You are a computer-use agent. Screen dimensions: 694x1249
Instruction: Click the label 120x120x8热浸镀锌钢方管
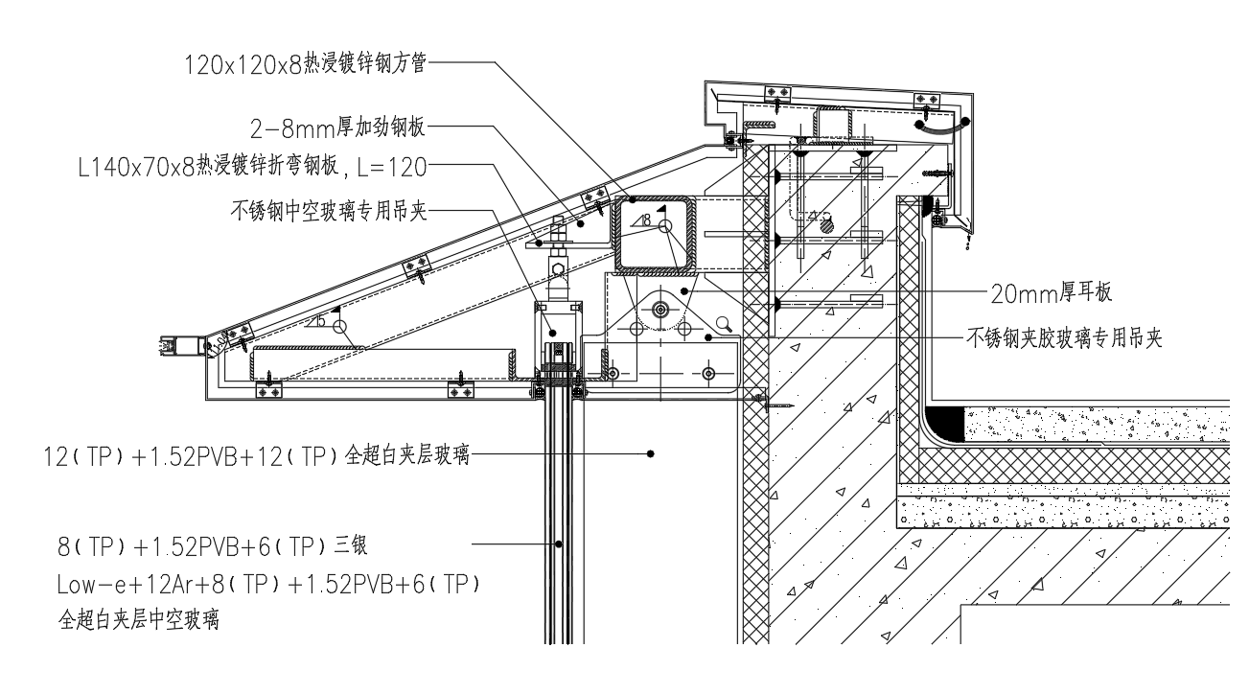click(305, 64)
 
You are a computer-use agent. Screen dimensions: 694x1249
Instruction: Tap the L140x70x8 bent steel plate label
click(253, 167)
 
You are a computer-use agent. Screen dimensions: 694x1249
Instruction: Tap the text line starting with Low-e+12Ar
click(268, 584)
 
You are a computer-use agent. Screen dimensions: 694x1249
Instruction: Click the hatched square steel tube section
click(655, 233)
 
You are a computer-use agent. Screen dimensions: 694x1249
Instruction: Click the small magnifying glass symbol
click(725, 323)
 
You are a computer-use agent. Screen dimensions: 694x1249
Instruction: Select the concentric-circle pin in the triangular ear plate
click(659, 309)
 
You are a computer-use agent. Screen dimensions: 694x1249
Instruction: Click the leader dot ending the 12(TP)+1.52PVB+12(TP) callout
click(650, 452)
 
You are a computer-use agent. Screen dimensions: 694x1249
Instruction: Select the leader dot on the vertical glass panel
click(561, 544)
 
